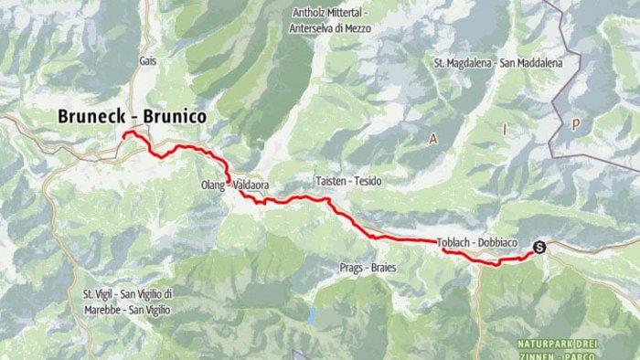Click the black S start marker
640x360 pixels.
point(539,245)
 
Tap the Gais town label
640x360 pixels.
point(149,61)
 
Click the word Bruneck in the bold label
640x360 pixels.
point(92,116)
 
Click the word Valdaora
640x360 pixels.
point(251,185)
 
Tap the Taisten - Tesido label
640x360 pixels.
point(347,182)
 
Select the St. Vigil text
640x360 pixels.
point(101,294)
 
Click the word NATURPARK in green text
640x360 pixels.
point(547,343)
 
